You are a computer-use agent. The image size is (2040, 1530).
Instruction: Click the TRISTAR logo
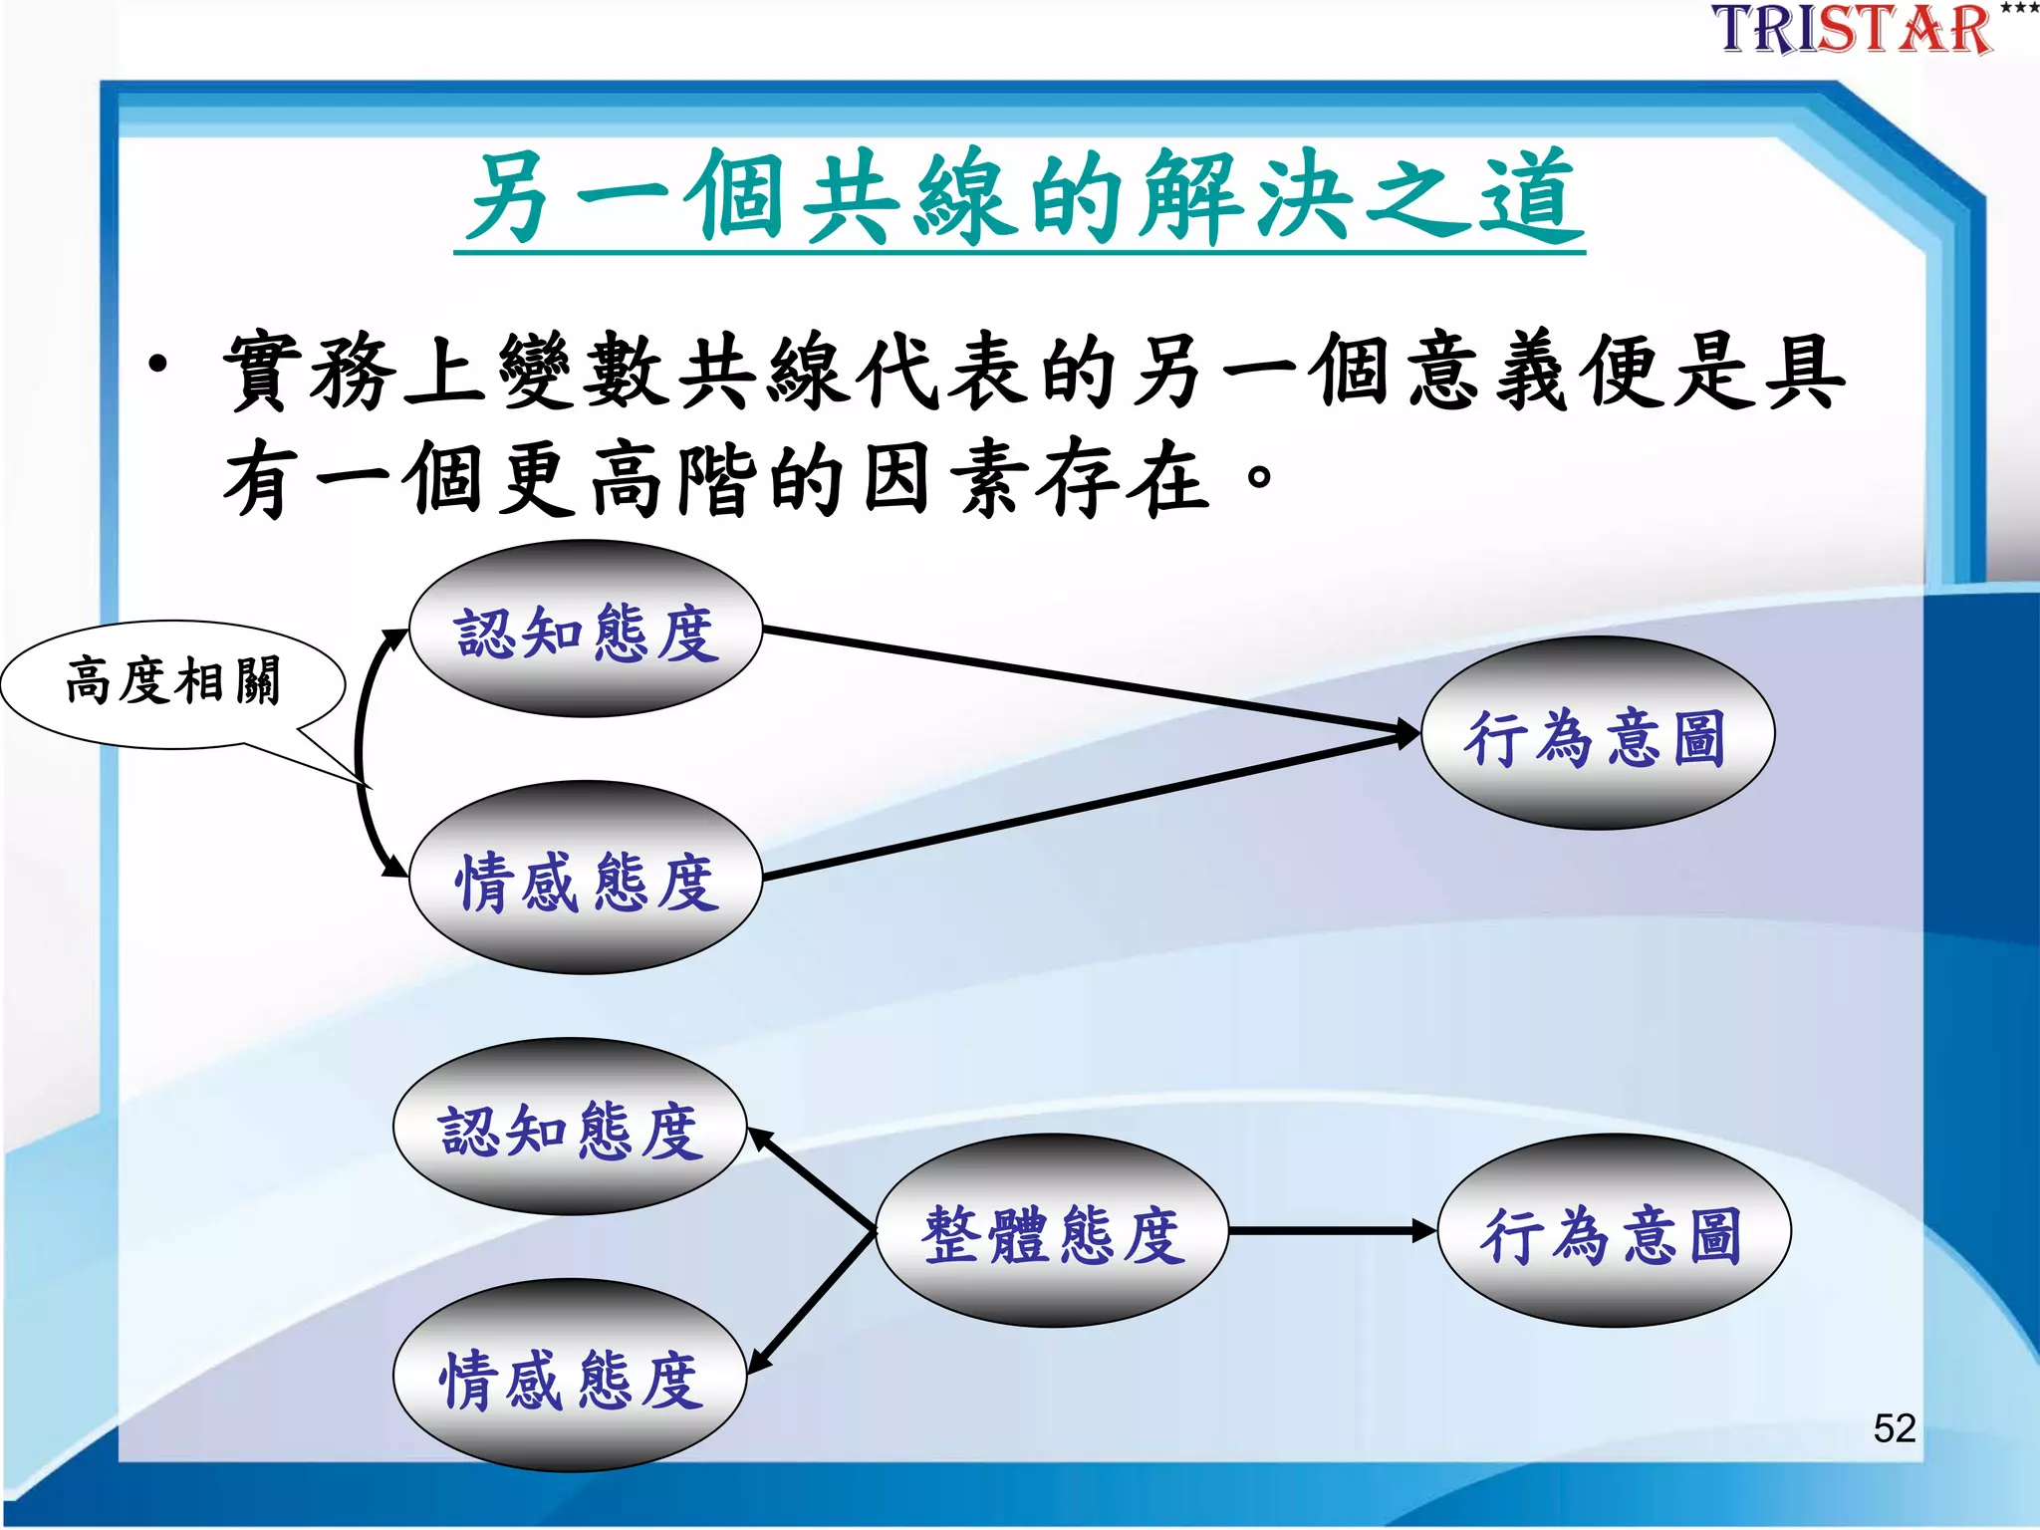(1853, 30)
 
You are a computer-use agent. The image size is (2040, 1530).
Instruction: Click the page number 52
(1894, 1428)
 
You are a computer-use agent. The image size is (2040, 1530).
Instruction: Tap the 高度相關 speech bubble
(173, 682)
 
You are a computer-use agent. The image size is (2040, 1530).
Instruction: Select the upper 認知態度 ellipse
(586, 631)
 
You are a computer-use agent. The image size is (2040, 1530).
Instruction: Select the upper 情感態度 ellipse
(586, 879)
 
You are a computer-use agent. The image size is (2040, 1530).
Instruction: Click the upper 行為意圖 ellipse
(1597, 735)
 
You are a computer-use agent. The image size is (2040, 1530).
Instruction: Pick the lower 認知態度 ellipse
(570, 1128)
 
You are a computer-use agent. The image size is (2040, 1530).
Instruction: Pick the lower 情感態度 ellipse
(570, 1377)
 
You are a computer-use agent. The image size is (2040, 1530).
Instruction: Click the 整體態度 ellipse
(1052, 1232)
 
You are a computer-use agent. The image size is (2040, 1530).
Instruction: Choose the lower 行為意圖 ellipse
(1614, 1232)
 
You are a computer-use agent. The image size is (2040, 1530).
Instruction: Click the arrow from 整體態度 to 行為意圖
(1330, 1232)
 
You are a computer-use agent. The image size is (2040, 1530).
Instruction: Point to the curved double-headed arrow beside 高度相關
(359, 753)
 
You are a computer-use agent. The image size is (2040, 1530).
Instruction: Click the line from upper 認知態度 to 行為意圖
(1086, 681)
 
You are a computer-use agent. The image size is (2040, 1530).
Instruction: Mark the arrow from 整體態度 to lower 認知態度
(812, 1180)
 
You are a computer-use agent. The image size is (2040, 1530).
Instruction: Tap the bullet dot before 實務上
(158, 366)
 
